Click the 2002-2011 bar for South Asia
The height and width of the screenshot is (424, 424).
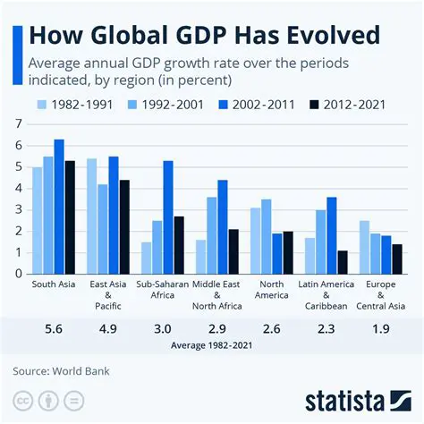tap(59, 207)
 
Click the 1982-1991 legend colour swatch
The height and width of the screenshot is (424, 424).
tap(42, 105)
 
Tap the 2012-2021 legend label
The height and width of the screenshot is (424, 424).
tap(356, 105)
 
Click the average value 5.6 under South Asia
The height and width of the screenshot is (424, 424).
tap(53, 329)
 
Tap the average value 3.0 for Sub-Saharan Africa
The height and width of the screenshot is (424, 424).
tap(161, 329)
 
